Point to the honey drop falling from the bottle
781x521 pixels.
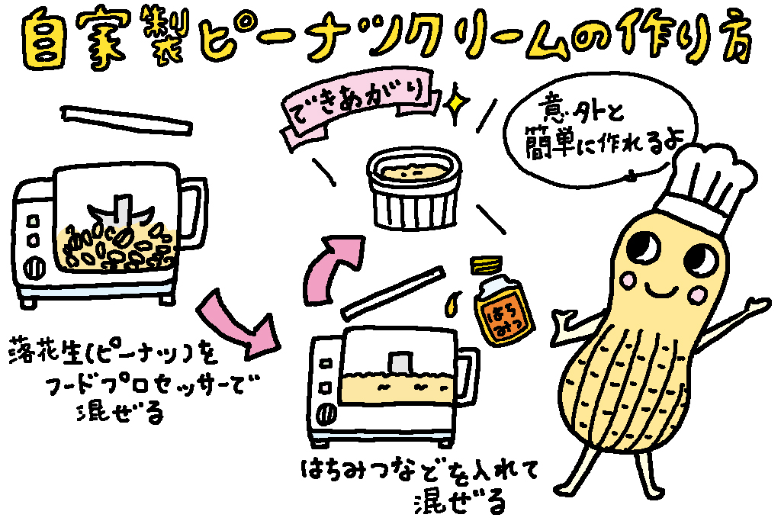pyautogui.click(x=452, y=304)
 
